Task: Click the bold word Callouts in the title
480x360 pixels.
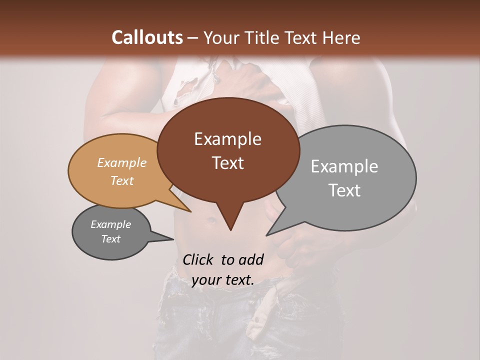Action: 147,37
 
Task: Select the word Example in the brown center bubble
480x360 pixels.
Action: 227,139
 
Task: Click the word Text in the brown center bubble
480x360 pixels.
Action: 227,162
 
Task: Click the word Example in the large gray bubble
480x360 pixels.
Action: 344,166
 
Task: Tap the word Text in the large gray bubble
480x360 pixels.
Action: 344,190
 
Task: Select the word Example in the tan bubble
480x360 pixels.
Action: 121,162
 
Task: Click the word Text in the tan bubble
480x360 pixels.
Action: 121,180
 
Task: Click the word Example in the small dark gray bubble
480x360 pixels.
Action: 110,224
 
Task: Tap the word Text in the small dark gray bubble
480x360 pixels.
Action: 110,239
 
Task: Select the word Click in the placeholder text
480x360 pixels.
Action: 198,259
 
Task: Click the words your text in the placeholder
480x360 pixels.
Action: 223,280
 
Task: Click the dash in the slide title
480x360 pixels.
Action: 193,38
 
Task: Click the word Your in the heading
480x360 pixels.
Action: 221,37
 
